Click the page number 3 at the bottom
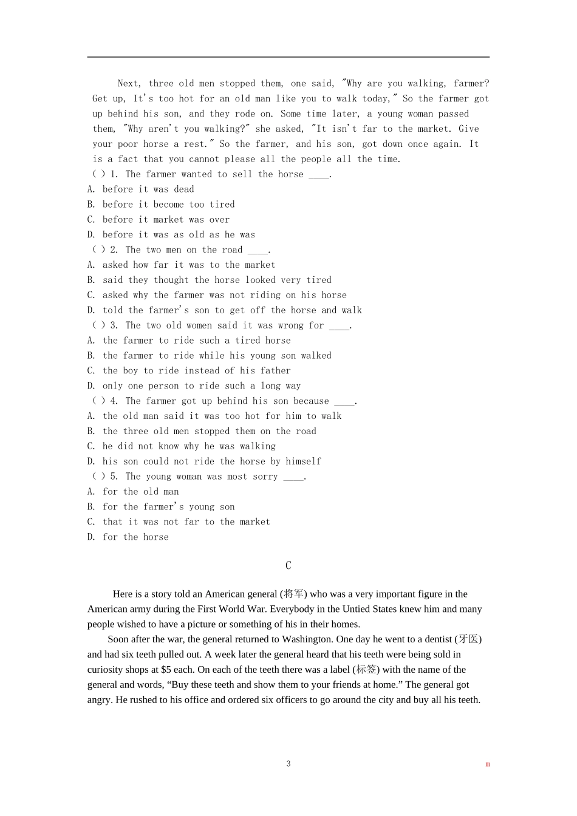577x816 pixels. (288, 764)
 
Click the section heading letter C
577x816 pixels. (288, 565)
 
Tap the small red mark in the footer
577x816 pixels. (487, 764)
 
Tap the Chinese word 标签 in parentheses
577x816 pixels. (366, 670)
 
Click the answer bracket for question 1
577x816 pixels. (98, 174)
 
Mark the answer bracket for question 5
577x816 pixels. (98, 477)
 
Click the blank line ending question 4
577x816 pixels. (344, 402)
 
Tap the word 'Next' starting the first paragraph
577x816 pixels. (129, 84)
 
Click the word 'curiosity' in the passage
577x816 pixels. (106, 670)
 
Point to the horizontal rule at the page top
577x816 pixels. (288, 57)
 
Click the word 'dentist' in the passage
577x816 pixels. (436, 639)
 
